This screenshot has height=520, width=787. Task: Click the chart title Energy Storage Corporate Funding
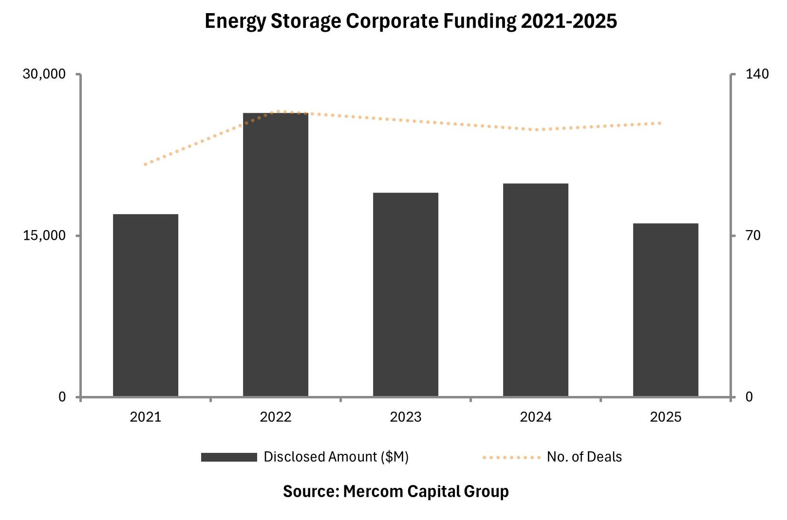point(411,21)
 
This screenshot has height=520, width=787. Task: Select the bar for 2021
point(146,305)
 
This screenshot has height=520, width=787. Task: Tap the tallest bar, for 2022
point(276,255)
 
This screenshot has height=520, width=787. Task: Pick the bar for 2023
point(406,295)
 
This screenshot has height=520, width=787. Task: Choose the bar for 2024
point(536,290)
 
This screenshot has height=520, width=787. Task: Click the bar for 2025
point(666,310)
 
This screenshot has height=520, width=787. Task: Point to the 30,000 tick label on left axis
point(44,74)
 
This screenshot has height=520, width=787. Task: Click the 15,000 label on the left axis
point(44,235)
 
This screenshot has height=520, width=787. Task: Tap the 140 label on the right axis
point(757,74)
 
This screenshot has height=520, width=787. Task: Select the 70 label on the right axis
point(753,235)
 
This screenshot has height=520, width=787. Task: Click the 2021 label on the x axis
point(146,417)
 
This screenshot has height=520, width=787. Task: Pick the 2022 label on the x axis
point(276,417)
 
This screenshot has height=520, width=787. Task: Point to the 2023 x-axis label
point(406,417)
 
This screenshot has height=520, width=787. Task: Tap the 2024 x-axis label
point(536,417)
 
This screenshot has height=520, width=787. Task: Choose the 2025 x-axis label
point(666,417)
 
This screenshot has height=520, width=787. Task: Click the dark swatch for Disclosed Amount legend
point(229,457)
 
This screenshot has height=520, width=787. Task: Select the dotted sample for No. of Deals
point(511,457)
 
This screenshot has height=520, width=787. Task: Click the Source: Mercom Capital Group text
point(395,491)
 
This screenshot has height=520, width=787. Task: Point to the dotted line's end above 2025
point(660,123)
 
